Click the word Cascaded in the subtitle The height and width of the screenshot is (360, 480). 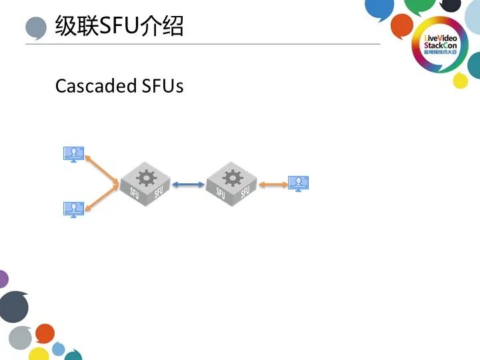(96, 86)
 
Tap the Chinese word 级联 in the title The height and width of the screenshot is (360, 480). (77, 26)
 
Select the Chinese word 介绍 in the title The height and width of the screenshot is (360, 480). (161, 26)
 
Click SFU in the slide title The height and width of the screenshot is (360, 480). (119, 26)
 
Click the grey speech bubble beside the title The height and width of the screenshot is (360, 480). (36, 28)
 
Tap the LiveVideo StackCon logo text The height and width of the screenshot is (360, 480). (440, 45)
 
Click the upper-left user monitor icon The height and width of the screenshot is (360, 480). (73, 154)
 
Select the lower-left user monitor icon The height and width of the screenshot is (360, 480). (73, 210)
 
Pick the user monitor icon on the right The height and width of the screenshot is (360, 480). (299, 183)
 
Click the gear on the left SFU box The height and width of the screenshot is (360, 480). (146, 177)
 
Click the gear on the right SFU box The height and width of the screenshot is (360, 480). (233, 177)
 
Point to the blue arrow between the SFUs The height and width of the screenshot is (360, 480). (188, 184)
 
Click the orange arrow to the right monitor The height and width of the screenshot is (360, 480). (273, 184)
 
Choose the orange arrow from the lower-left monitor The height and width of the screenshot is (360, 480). (101, 198)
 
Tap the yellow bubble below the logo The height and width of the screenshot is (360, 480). (461, 81)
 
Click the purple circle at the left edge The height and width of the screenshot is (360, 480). (3, 279)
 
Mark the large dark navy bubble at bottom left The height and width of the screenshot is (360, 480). (14, 307)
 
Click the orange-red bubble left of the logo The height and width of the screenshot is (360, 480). (402, 26)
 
